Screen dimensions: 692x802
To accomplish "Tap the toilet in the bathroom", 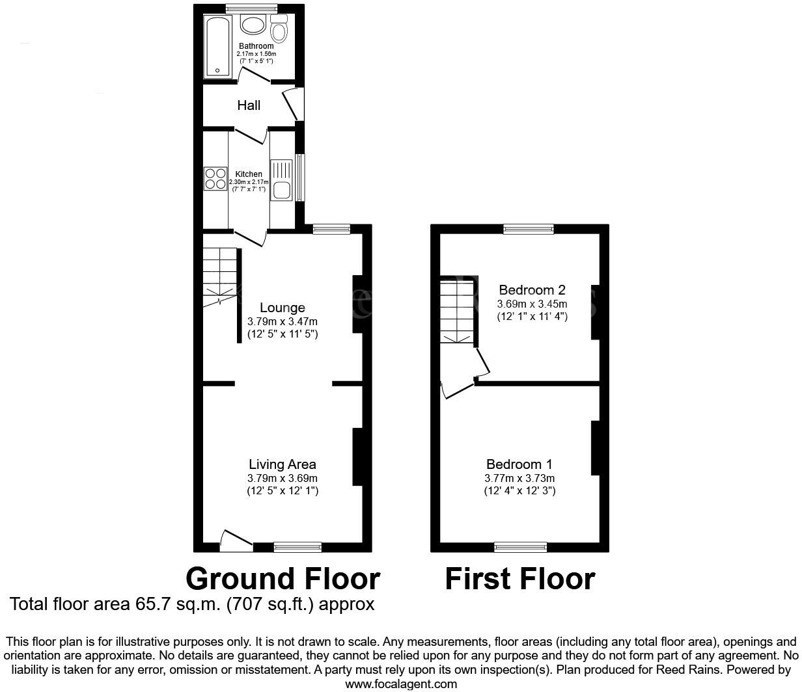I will (280, 30).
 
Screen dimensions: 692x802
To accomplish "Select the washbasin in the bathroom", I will (253, 25).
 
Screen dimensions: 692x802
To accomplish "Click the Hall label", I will (249, 105).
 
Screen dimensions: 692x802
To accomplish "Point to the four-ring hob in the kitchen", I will (215, 178).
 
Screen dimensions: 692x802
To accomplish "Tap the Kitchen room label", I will (249, 174).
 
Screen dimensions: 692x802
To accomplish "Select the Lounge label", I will (283, 308).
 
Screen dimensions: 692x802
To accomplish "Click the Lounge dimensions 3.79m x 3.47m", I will (283, 322).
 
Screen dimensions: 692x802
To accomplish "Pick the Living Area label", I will (283, 464).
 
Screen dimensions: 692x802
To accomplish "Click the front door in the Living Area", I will (237, 541).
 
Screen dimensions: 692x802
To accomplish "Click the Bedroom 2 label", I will (532, 290).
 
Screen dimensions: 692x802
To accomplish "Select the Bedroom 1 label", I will (519, 464).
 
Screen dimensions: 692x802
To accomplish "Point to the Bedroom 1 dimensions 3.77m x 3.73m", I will (519, 478).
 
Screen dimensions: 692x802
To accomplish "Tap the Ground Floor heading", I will (283, 579).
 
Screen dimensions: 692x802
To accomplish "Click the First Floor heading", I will (519, 579).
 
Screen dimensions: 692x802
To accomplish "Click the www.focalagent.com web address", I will (401, 684).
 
